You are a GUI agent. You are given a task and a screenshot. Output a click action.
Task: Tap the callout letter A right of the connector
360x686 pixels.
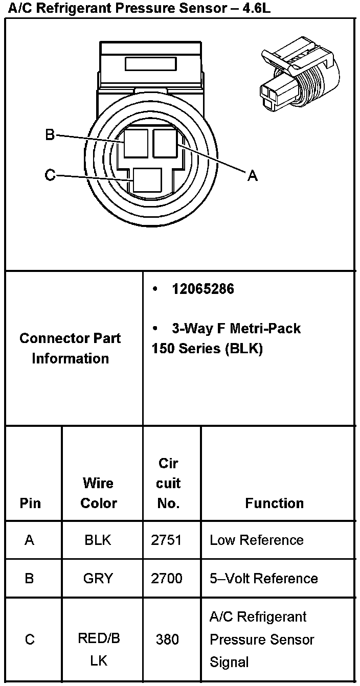252,176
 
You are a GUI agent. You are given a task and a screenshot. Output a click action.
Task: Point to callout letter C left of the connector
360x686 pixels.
50,175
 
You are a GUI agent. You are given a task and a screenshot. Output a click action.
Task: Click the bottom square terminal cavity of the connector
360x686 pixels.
147,180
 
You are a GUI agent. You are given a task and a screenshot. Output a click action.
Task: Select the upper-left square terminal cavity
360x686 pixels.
137,143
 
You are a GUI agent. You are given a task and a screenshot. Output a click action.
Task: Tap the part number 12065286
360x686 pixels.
203,289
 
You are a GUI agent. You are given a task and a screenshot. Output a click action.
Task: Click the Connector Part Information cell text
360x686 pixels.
71,348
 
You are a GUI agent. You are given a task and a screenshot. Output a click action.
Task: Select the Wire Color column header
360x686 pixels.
99,493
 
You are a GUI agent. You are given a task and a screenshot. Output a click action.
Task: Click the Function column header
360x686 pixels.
274,503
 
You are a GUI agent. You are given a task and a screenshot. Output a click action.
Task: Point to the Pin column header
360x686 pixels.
30,503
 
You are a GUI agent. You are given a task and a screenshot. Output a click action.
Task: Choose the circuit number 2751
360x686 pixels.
166,540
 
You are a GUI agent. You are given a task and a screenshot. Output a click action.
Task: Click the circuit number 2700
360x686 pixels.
166,578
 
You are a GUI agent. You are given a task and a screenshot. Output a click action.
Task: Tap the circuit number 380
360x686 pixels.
167,639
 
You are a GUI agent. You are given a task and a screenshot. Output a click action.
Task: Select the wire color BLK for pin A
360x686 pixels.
98,540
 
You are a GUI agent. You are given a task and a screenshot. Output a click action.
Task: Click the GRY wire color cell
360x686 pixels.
98,578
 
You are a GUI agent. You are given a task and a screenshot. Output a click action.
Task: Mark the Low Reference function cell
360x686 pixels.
256,540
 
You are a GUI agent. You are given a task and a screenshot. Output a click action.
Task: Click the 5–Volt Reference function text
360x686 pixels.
263,578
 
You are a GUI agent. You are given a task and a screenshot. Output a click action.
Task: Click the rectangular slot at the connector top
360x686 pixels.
151,64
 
